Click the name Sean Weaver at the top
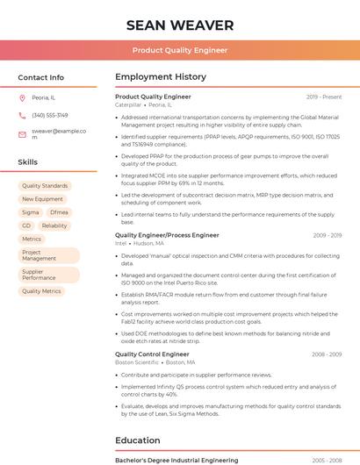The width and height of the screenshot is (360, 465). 179,25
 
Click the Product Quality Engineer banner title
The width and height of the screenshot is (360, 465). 179,51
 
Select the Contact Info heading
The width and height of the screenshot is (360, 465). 40,77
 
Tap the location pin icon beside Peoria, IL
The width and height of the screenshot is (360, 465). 22,98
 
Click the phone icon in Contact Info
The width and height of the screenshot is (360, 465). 22,116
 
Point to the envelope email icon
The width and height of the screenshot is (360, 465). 22,134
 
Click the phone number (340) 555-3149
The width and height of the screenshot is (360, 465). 49,116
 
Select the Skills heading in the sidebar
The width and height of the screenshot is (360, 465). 27,162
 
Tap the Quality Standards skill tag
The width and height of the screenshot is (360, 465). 44,186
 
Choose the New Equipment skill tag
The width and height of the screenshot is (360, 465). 42,199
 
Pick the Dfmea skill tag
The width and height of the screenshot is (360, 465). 59,212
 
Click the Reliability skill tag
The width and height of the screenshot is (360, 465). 54,225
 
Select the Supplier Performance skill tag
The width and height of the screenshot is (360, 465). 39,275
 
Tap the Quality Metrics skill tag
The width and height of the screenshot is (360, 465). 41,291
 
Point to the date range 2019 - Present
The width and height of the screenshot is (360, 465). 324,97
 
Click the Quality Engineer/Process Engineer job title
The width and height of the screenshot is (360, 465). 167,235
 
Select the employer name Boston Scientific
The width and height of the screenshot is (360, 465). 137,362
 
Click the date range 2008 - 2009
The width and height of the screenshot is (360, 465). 327,354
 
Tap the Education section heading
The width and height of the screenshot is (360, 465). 138,440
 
